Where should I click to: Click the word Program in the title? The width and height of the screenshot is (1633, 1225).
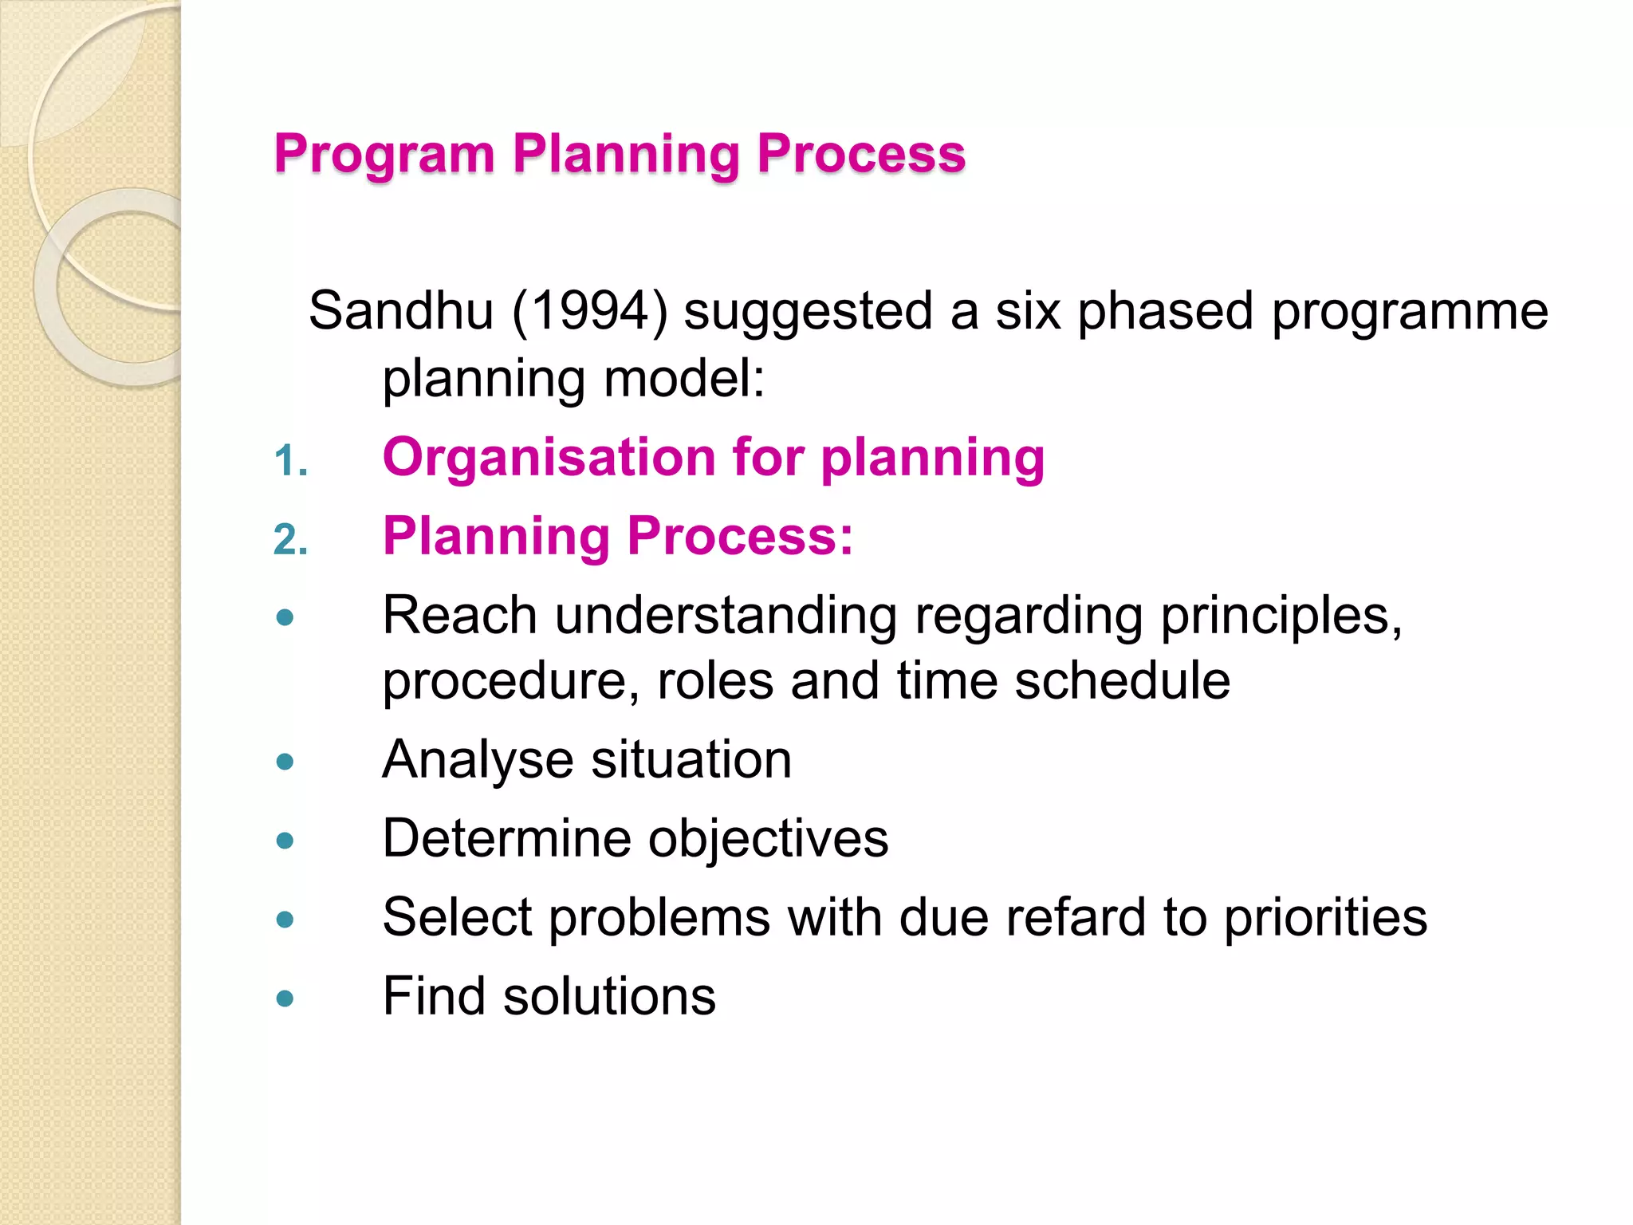(384, 154)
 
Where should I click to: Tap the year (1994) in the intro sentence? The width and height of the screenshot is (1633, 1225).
(589, 311)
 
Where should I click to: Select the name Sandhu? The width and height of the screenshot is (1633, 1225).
(401, 310)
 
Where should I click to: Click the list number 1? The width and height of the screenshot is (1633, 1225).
(289, 462)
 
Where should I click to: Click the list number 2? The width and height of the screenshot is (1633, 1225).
(289, 540)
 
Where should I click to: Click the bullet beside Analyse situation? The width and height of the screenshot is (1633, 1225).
(285, 762)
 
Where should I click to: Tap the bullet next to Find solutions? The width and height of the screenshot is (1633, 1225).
(285, 999)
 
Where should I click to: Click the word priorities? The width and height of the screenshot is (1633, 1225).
(1325, 918)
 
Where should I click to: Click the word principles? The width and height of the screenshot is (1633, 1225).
(1281, 616)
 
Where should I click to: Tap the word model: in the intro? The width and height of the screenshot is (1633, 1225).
(684, 379)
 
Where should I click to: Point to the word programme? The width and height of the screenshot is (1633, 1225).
(1409, 311)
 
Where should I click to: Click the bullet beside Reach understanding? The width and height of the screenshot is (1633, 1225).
(285, 617)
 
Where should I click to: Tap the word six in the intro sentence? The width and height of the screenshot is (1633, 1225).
(1028, 310)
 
